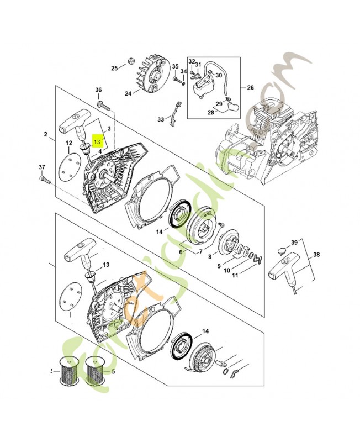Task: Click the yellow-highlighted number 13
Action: click(98, 140)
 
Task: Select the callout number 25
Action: click(115, 68)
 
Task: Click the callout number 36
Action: click(98, 90)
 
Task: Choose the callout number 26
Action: click(250, 87)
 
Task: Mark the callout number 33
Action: click(161, 119)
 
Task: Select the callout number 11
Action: click(235, 275)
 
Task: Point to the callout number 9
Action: click(219, 266)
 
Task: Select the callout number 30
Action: click(219, 76)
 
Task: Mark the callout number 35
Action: click(175, 67)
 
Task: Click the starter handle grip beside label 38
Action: click(282, 271)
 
